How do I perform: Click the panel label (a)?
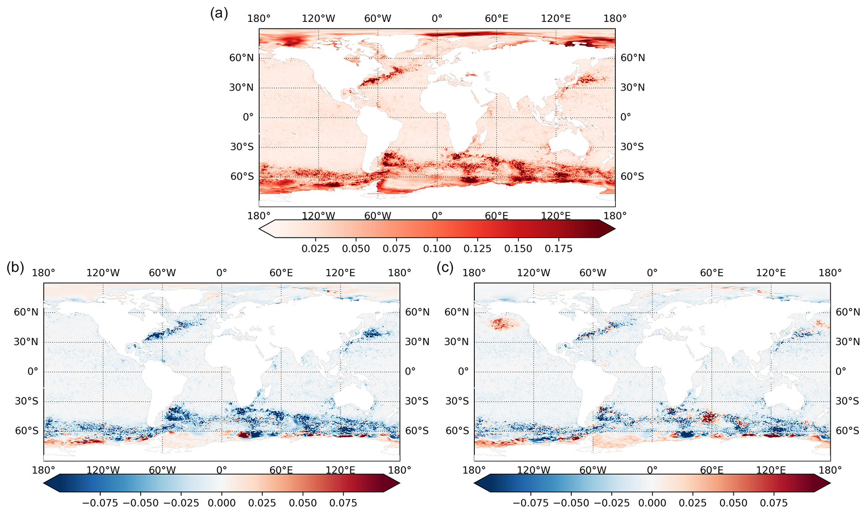[219, 14]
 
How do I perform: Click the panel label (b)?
[15, 267]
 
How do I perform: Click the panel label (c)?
[445, 267]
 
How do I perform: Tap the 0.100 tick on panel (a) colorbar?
[437, 249]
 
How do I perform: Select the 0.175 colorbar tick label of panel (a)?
[558, 249]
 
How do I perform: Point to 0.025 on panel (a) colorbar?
[315, 249]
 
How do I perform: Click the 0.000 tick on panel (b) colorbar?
[221, 503]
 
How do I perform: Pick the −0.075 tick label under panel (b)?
[100, 503]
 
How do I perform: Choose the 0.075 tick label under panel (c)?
[774, 503]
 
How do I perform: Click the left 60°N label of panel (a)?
[241, 58]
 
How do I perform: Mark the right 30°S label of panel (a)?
[632, 147]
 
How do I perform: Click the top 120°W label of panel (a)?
[318, 18]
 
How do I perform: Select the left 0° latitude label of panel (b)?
[33, 371]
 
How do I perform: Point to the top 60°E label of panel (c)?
[711, 273]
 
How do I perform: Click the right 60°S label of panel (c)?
[848, 431]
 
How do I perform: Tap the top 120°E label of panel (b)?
[340, 273]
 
